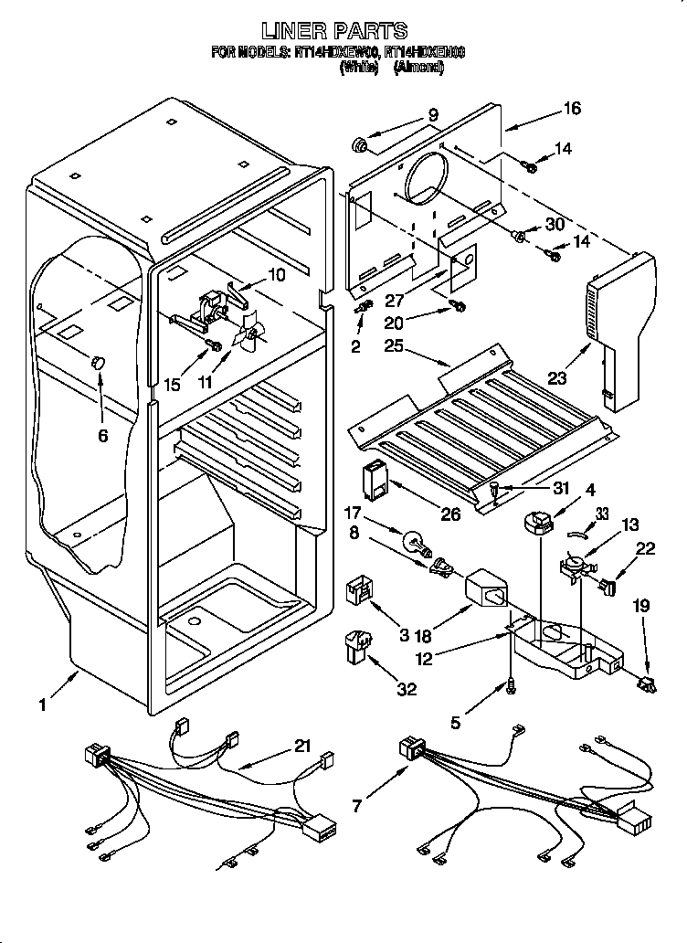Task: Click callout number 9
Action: click(x=433, y=115)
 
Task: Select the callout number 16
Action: click(x=572, y=110)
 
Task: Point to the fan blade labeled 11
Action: click(x=248, y=337)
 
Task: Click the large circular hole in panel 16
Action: click(x=423, y=188)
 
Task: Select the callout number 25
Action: click(x=393, y=346)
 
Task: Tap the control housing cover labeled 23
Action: click(x=621, y=329)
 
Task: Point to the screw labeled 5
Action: click(x=511, y=686)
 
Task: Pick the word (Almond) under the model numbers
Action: click(x=419, y=68)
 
